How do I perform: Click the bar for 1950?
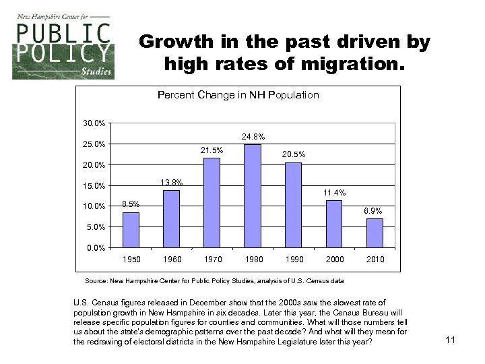(131, 230)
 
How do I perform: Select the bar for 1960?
(172, 219)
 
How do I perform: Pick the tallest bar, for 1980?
(253, 196)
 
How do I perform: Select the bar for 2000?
(334, 224)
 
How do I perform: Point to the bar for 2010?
(375, 233)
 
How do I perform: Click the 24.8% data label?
(253, 138)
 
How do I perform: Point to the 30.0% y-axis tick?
(94, 123)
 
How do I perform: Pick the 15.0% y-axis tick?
(94, 186)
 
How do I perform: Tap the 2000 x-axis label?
(335, 260)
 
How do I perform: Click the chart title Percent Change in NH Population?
(238, 95)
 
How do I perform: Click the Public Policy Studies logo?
(63, 51)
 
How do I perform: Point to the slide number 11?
(451, 340)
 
